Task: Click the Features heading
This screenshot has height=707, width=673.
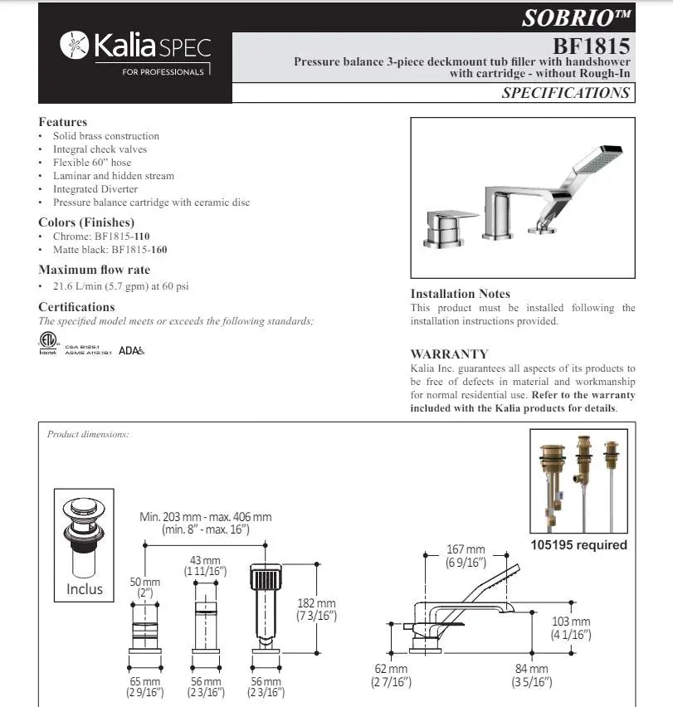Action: point(62,122)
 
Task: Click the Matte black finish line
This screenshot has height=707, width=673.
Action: point(110,249)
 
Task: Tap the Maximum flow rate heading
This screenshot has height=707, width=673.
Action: point(94,270)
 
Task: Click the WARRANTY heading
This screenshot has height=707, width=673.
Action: point(449,353)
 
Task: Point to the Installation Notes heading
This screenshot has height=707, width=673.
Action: point(460,294)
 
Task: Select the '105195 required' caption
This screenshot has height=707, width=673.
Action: point(578,545)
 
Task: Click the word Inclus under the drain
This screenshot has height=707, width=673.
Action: point(85,589)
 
